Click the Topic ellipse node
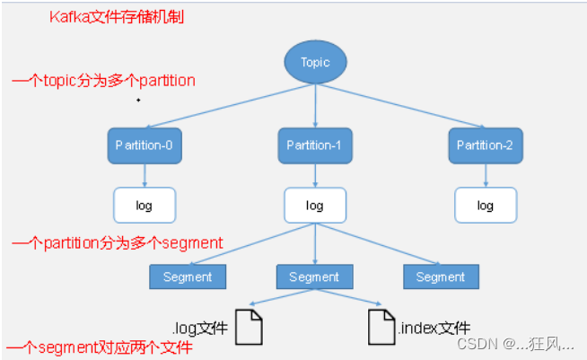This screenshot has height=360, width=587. tap(315, 63)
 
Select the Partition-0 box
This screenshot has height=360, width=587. tap(144, 145)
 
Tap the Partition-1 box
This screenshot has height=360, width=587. tap(315, 145)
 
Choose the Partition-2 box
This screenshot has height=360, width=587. tap(485, 145)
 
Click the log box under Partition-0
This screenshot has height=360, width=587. tap(144, 205)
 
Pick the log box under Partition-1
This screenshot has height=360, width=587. tap(315, 205)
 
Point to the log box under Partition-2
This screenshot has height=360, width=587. tap(485, 205)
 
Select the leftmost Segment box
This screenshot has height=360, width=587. tap(188, 277)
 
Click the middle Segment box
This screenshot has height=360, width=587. tap(314, 277)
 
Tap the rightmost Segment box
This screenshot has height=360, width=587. tap(441, 277)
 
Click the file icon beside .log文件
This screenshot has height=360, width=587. tap(250, 328)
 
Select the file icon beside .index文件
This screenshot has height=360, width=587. tap(381, 328)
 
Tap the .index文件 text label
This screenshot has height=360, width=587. tap(434, 328)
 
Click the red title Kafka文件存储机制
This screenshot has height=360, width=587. tap(117, 17)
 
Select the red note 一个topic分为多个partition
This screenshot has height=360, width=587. tap(103, 81)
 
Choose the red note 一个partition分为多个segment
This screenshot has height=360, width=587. tap(117, 242)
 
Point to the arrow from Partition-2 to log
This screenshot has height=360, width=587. tap(485, 175)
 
